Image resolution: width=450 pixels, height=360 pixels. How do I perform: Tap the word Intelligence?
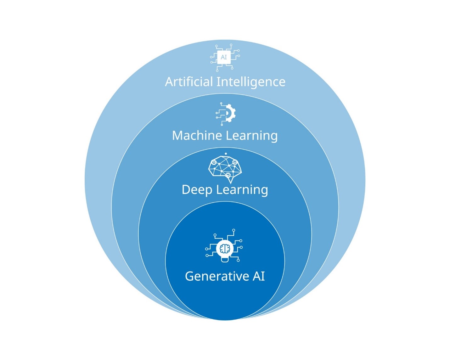click(251, 82)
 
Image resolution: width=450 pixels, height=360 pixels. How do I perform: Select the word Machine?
click(197, 136)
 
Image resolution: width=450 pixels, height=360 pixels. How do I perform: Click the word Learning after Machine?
click(252, 136)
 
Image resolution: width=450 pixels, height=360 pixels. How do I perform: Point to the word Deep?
click(197, 190)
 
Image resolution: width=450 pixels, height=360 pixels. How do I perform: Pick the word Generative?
click(217, 276)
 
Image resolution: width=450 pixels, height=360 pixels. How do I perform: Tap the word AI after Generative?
click(259, 276)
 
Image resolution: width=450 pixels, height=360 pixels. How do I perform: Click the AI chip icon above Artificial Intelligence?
click(224, 58)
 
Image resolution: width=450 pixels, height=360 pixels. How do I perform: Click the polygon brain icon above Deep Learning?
click(225, 168)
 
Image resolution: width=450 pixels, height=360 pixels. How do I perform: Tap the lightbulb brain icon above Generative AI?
click(224, 249)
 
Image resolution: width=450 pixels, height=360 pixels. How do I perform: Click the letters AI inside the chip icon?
click(224, 57)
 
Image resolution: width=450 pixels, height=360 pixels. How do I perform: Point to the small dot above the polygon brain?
click(226, 154)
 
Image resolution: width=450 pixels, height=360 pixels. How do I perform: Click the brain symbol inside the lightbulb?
click(225, 249)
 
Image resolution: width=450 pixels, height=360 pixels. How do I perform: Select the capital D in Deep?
click(186, 190)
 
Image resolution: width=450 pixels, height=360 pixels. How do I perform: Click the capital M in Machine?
click(177, 136)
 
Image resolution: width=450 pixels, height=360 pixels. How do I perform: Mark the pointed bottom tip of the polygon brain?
click(231, 183)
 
